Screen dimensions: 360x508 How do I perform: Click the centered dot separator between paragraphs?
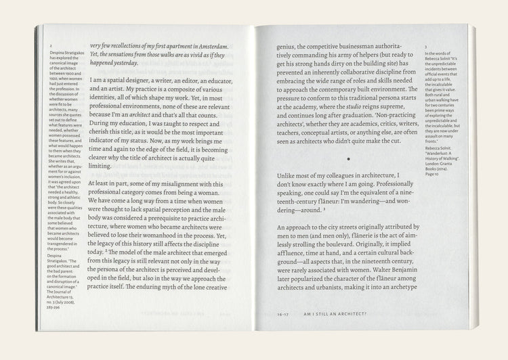click(x=348, y=159)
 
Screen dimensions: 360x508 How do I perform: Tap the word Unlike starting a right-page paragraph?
click(x=291, y=176)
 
